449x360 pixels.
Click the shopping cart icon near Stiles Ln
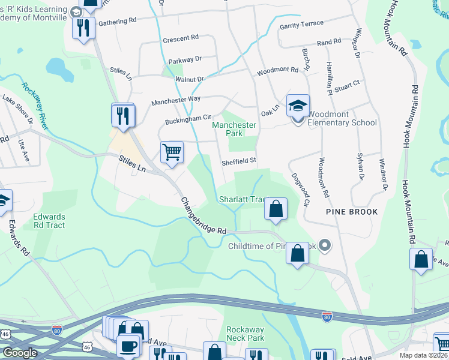coord(172,152)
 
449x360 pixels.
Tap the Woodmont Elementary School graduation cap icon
coord(297,106)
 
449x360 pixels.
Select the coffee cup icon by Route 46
coord(128,346)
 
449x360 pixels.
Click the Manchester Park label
coord(234,129)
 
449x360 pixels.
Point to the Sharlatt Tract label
coord(243,199)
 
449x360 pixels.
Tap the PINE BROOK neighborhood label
coord(352,212)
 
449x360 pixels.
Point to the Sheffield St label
coord(239,160)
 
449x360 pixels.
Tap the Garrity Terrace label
coord(301,25)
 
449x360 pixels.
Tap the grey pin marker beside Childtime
coord(325,245)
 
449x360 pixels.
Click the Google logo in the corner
coord(20,353)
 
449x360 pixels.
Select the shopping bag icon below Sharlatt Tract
coord(276,209)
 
